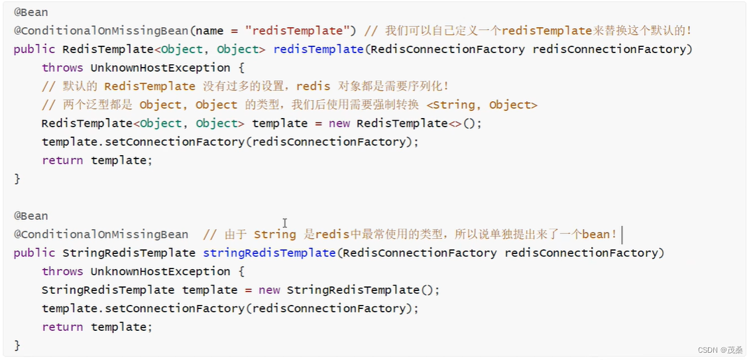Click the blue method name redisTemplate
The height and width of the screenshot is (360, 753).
click(318, 49)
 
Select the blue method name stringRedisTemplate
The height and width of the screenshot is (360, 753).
click(269, 253)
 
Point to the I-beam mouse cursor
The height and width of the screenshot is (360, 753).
click(285, 223)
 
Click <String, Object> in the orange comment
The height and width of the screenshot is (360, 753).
click(482, 105)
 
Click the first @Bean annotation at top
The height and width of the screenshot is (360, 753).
click(30, 12)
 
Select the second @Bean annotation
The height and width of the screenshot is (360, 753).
click(30, 215)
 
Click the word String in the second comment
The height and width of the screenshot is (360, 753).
click(275, 234)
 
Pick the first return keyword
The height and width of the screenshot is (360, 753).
click(62, 160)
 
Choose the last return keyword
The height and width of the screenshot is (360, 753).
click(62, 327)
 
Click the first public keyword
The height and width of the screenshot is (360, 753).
click(34, 49)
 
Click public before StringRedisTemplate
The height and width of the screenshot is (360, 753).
click(34, 253)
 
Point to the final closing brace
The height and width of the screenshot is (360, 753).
click(17, 345)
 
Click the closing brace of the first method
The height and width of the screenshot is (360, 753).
click(17, 179)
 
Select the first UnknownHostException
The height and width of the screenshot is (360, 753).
click(160, 68)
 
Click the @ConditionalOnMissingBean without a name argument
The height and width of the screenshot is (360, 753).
click(101, 234)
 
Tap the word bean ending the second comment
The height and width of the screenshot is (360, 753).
click(596, 234)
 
